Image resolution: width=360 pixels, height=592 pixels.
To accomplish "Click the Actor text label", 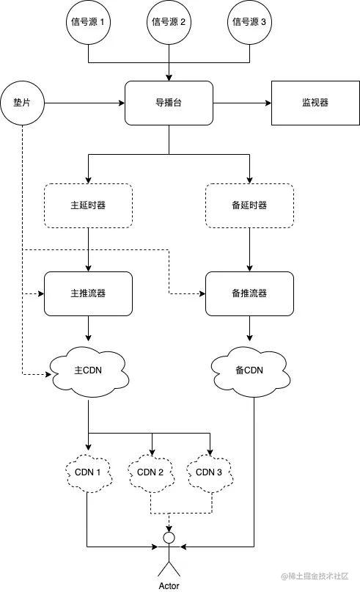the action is pyautogui.click(x=169, y=585).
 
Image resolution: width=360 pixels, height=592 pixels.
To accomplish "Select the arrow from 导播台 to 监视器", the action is pyautogui.click(x=242, y=103).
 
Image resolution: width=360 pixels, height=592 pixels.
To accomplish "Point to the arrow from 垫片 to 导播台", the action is pyautogui.click(x=84, y=103).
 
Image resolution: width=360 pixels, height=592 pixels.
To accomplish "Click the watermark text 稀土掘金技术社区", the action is pyautogui.click(x=318, y=576).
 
